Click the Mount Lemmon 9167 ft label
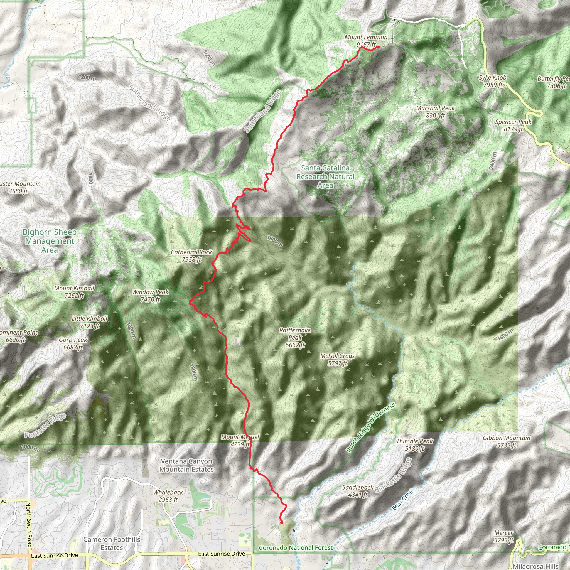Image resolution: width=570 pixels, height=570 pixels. tap(366, 41)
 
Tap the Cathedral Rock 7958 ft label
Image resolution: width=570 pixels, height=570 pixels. tap(191, 256)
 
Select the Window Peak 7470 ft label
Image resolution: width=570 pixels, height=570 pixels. tap(150, 296)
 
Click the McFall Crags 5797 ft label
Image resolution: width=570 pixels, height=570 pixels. tap(338, 359)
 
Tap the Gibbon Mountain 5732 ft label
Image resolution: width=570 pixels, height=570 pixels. tap(507, 442)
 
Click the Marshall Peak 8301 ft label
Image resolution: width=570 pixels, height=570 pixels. tap(436, 112)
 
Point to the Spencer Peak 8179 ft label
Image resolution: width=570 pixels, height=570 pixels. tap(513, 125)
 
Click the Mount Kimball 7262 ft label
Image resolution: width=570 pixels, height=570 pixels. tap(74, 291)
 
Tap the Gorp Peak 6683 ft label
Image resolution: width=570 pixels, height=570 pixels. tap(73, 343)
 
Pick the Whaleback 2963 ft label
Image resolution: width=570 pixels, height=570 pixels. tap(168, 496)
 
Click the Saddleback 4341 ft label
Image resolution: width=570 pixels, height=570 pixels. tap(358, 491)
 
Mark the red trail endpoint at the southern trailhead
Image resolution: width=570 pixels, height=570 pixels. tap(281, 522)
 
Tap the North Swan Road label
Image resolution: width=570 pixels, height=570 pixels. tap(29, 525)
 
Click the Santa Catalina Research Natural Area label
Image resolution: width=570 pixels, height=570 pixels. tap(325, 176)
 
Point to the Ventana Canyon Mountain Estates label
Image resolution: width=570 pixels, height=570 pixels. tap(186, 465)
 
